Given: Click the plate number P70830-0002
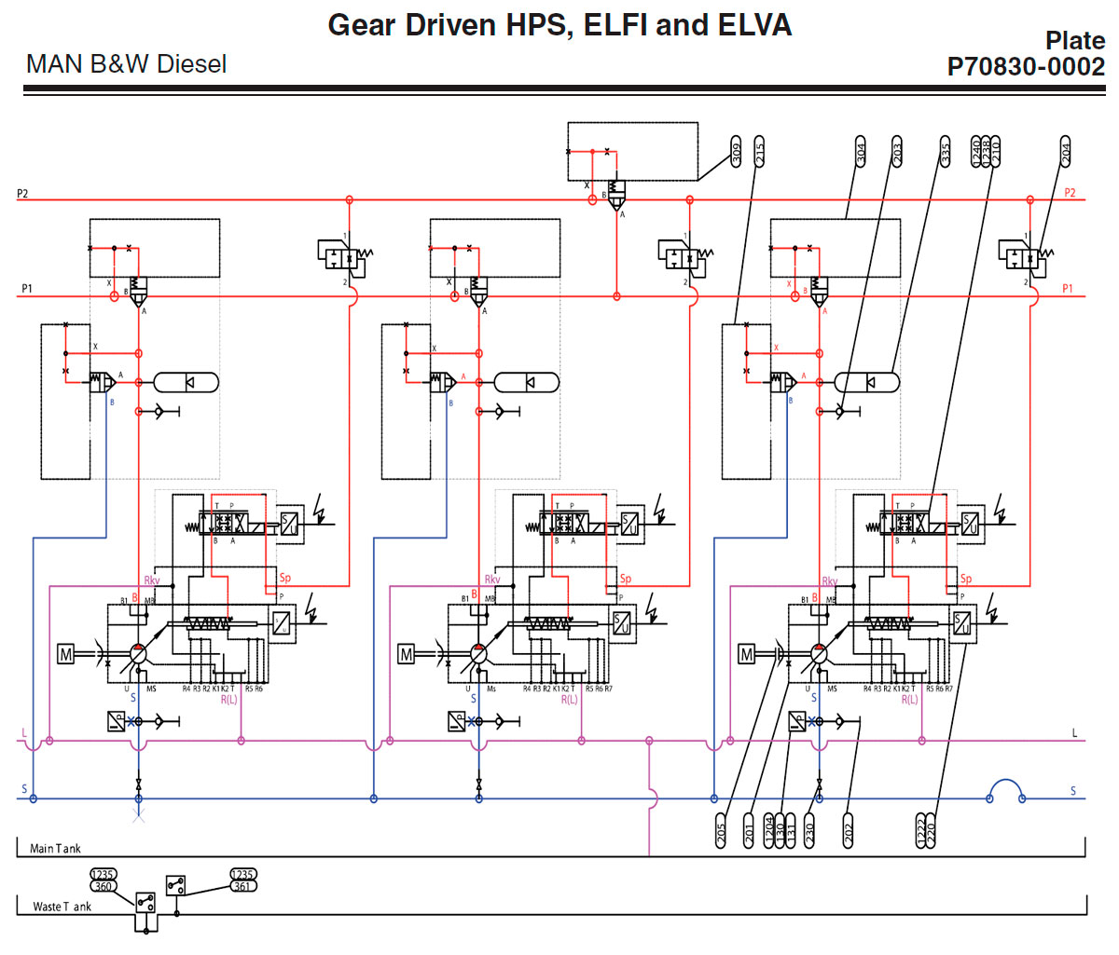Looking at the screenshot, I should click(x=1026, y=67).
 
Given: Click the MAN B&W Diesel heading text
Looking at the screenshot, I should click(x=126, y=64).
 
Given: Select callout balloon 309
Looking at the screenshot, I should click(x=737, y=153).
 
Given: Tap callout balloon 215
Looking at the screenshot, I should click(x=759, y=151).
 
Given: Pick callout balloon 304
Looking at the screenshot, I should click(x=861, y=151).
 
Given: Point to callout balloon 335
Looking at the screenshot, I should click(x=945, y=151).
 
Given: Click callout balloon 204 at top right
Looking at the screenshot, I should click(x=1066, y=151).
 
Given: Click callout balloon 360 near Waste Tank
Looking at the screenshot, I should click(x=103, y=886).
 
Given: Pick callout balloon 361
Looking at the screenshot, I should click(x=242, y=886).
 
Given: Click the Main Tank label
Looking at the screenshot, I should click(x=55, y=849).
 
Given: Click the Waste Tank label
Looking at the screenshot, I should click(x=62, y=907).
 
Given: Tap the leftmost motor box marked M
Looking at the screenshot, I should click(x=66, y=655).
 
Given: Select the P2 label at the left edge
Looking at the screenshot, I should click(x=22, y=194).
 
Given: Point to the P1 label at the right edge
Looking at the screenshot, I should click(x=1068, y=289).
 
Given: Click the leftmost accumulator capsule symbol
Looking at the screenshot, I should click(x=186, y=382).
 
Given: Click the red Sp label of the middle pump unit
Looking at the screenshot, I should click(x=626, y=579).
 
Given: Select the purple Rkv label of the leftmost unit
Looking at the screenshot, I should click(x=152, y=580).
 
